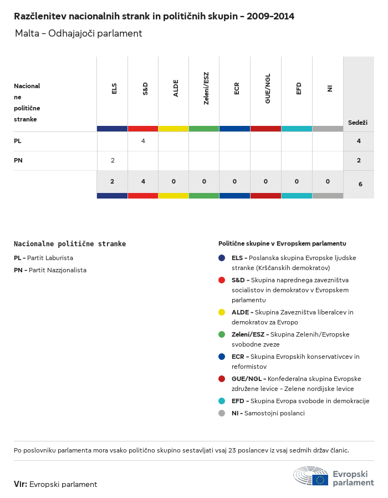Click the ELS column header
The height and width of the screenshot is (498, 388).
114,89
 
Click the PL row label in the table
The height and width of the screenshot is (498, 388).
18,141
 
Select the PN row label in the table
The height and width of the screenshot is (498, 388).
18,160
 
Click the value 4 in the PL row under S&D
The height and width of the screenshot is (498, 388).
143,141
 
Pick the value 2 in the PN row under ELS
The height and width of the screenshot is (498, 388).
113,160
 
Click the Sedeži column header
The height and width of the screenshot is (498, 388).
358,122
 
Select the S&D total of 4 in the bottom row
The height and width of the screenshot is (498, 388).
143,181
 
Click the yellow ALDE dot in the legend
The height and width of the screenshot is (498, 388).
222,312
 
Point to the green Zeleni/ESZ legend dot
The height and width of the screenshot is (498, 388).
222,334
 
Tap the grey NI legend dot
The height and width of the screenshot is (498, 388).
222,413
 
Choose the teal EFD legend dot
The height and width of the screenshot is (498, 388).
222,401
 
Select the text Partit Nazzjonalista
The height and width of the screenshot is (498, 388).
58,270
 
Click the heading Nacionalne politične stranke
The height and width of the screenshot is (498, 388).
70,243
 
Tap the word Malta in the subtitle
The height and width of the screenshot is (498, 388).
27,33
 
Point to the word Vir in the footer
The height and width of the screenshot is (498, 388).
20,484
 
